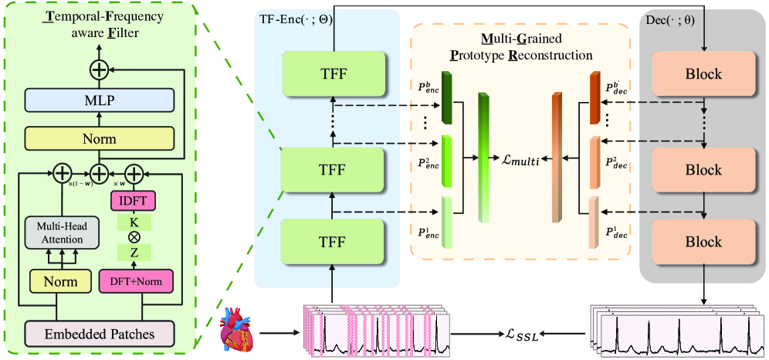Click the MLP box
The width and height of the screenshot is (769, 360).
click(x=99, y=99)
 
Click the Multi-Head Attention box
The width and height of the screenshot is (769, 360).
click(x=59, y=231)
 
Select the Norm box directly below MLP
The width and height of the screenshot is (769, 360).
click(x=99, y=139)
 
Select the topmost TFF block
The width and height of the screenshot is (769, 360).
click(x=333, y=74)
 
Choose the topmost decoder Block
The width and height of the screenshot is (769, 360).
click(x=703, y=74)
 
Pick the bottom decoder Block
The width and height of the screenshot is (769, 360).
click(x=703, y=242)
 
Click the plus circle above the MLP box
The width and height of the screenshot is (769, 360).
click(x=99, y=70)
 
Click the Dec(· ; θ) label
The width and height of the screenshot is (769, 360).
click(x=669, y=21)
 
